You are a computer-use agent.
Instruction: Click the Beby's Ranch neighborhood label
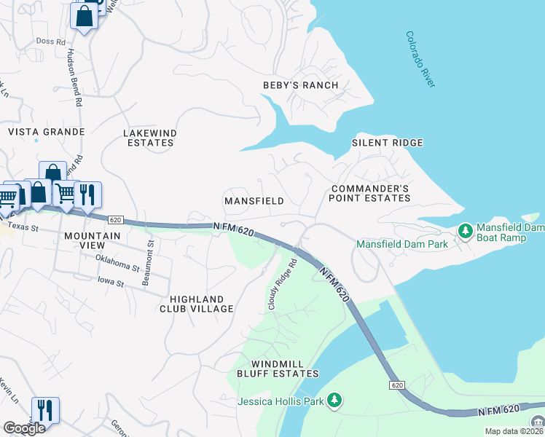click(x=300, y=85)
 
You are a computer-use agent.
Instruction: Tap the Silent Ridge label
click(x=388, y=143)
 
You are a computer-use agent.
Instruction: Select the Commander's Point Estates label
click(x=369, y=193)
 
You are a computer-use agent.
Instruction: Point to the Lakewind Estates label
click(x=149, y=138)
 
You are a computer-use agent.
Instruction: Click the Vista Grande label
click(x=46, y=132)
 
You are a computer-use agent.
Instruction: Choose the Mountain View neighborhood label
click(x=92, y=241)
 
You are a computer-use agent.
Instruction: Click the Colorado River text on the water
click(x=420, y=60)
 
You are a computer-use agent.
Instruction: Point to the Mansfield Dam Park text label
click(x=401, y=245)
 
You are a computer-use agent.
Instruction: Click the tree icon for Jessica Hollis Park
click(x=334, y=399)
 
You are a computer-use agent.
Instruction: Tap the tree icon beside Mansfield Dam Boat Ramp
click(x=465, y=231)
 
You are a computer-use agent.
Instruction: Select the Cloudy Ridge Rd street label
click(x=283, y=285)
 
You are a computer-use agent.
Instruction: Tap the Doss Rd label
click(x=50, y=42)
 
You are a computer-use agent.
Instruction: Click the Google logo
click(x=24, y=428)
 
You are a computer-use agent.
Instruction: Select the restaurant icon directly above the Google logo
click(x=45, y=409)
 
